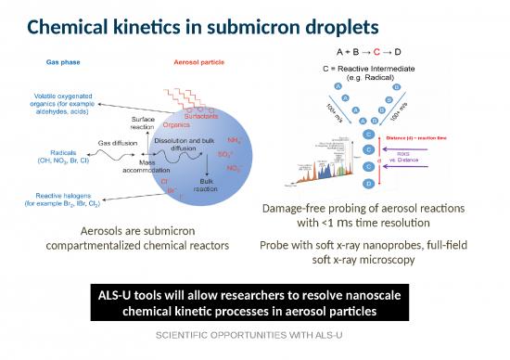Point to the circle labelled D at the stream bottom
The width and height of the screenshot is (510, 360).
pos(370,185)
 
